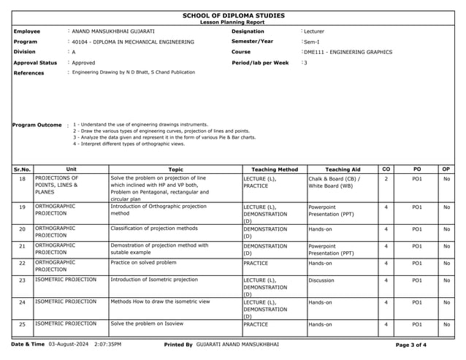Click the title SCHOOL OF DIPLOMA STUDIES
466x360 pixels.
pos(233,15)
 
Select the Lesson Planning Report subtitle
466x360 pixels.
pos(233,23)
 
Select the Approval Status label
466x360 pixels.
pos(35,63)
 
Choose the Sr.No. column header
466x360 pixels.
pos(23,169)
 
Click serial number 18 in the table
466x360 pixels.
pos(23,179)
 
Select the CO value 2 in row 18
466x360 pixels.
pos(386,178)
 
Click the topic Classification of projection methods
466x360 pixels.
pos(154,229)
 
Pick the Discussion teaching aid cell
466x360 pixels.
pos(322,280)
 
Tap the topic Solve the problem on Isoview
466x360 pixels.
pos(147,323)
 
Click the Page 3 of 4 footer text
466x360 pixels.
pos(410,344)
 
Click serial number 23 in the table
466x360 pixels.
pos(23,280)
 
